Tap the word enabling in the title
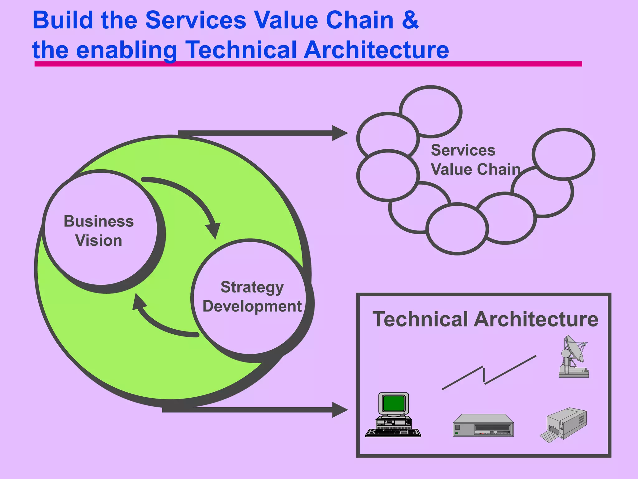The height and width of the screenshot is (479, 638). pos(126,51)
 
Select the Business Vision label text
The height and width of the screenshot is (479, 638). pos(99,231)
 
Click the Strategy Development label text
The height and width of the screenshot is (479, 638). pos(252,297)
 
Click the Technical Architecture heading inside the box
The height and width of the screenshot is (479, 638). pos(485,319)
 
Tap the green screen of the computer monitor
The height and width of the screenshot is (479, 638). pos(393,403)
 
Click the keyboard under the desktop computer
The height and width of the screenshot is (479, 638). pos(393,433)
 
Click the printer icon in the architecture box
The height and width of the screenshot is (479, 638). pos(564,424)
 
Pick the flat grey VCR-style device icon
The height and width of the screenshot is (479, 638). pos(483,425)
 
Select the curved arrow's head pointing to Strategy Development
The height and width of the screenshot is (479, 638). pos(214,230)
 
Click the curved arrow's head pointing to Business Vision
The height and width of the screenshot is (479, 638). pos(139,302)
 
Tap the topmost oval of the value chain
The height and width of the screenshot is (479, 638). pos(431,111)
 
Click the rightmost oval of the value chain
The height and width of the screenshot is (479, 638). pos(563,154)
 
